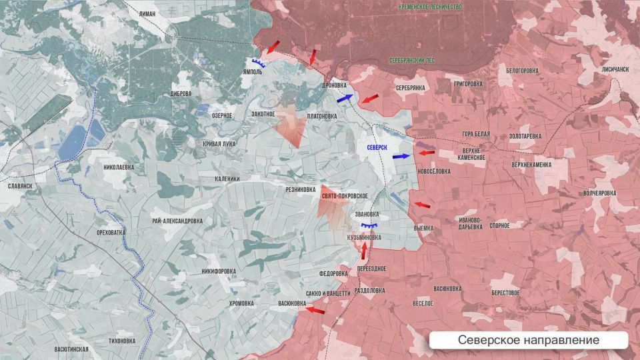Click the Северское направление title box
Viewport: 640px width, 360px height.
528,340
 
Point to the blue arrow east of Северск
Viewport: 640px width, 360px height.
401,156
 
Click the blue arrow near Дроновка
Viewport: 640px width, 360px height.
345,98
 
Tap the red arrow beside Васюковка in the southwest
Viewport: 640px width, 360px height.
315,309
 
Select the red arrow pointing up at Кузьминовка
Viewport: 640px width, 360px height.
364,250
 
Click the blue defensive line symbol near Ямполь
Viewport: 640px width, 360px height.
262,65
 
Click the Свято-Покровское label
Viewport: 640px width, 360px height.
344,195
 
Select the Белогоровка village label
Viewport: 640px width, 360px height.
522,70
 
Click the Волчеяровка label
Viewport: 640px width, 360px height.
599,193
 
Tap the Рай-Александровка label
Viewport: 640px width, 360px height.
177,221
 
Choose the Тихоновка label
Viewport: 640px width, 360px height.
121,341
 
